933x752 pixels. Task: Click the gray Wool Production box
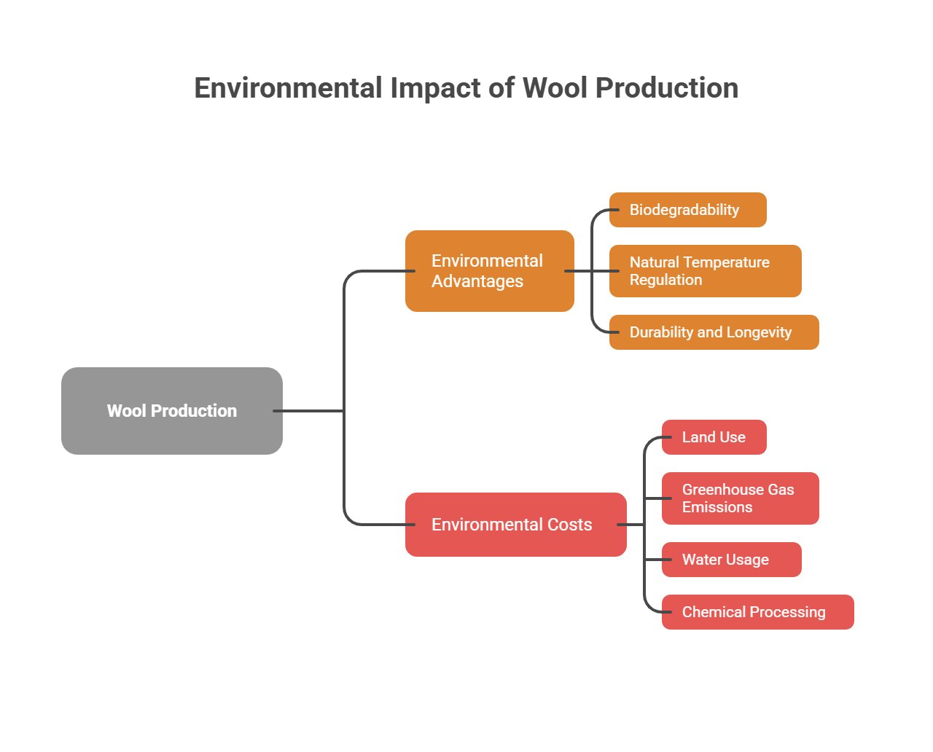pos(172,411)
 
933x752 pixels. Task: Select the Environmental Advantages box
pos(489,271)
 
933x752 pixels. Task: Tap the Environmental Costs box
pos(515,525)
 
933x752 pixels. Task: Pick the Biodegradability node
pos(687,210)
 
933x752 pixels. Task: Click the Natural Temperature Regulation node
pos(705,271)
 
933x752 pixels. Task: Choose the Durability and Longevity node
pos(714,332)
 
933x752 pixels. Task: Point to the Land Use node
pos(714,437)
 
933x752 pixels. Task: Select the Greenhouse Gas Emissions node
pos(740,498)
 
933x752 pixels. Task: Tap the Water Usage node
pos(731,560)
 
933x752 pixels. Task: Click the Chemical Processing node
pos(757,612)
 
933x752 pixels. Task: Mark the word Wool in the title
pos(555,88)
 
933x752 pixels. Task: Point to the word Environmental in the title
pos(288,88)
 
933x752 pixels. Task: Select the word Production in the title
pos(667,88)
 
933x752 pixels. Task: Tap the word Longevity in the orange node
pos(759,333)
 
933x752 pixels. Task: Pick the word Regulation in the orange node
pos(665,281)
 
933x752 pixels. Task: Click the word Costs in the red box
pos(570,525)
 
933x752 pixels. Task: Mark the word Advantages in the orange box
pos(477,281)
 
